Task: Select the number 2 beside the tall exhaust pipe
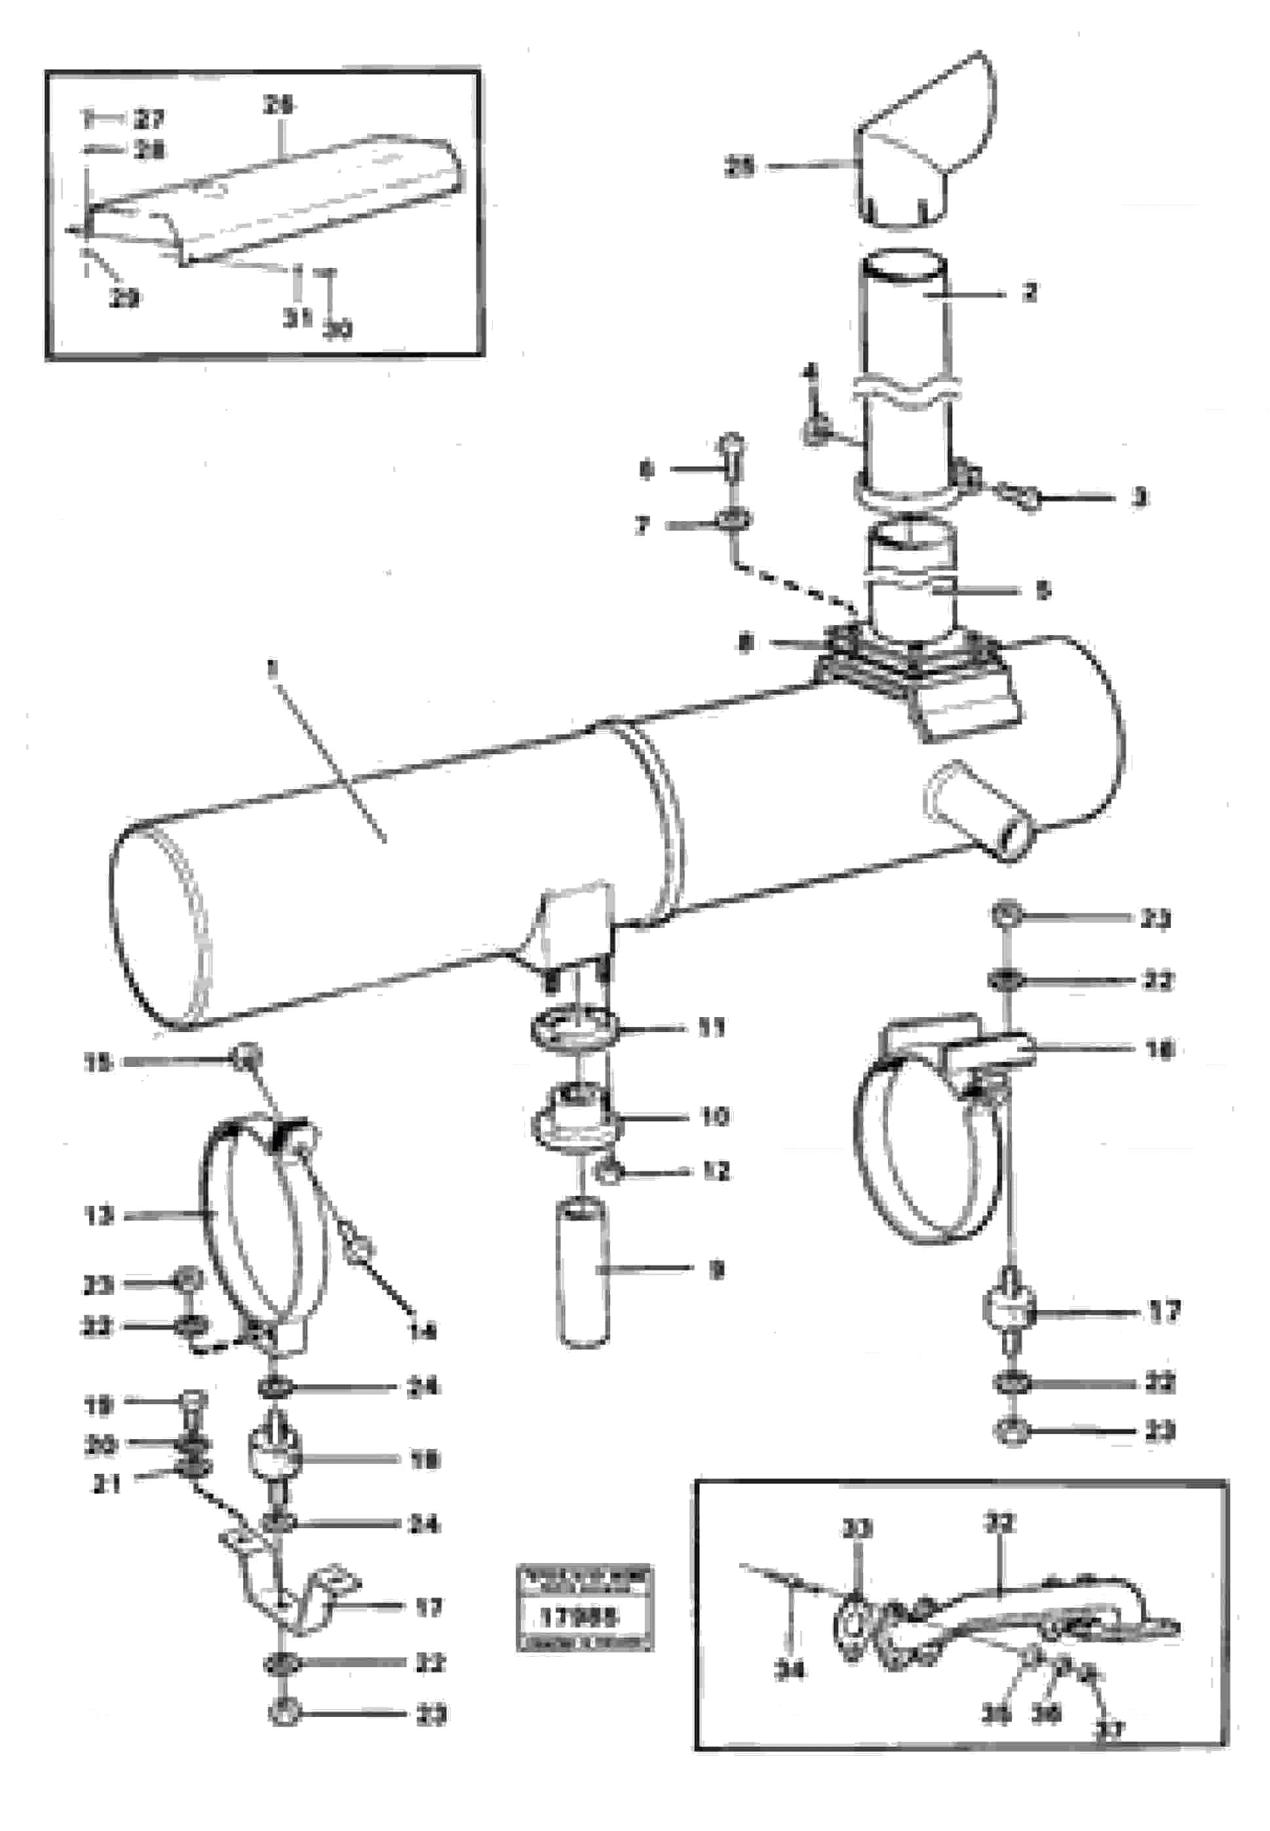pyautogui.click(x=1029, y=293)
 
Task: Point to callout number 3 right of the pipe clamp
pyautogui.click(x=1140, y=498)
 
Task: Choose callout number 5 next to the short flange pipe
pyautogui.click(x=1044, y=590)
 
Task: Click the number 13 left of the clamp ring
pyautogui.click(x=99, y=1215)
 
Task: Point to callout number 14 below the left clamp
pyautogui.click(x=423, y=1330)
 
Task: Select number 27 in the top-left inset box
pyautogui.click(x=149, y=120)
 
